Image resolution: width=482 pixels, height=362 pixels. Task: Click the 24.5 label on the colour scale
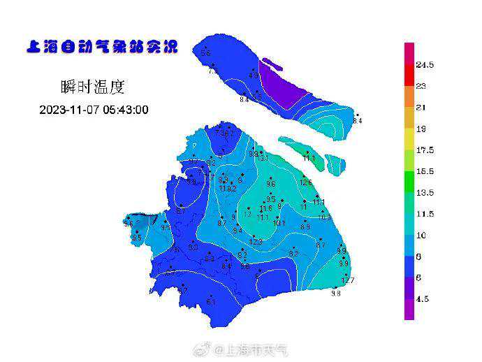pos(425,65)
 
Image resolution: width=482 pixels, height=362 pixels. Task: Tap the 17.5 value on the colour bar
pos(425,150)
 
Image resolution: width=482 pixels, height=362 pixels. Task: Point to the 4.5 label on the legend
pos(422,299)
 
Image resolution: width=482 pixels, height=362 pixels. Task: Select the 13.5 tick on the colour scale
pos(425,193)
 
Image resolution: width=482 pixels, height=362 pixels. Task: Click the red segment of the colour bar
pos(409,75)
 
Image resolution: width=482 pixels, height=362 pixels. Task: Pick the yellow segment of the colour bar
pos(409,139)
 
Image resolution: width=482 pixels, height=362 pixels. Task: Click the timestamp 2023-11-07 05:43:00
pos(94,110)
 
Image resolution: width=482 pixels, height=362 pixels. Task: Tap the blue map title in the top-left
pos(102,48)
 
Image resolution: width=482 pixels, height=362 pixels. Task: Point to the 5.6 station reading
pos(205,54)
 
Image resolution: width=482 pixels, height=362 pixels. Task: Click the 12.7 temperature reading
pos(348,280)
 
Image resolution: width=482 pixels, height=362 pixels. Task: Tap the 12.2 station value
pos(256,242)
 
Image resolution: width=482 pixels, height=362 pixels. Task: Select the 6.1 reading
pos(211,302)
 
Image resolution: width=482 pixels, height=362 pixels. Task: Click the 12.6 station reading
pos(305,182)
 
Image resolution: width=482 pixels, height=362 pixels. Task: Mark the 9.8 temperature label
pos(335,294)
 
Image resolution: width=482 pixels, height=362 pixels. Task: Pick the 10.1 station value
pos(279,223)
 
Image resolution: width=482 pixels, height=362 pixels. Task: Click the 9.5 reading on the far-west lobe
pos(137,238)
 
